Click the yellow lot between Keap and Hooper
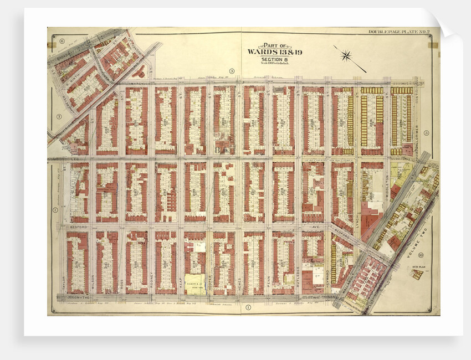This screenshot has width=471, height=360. click(x=194, y=281)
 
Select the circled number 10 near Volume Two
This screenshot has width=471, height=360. click(x=422, y=255)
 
